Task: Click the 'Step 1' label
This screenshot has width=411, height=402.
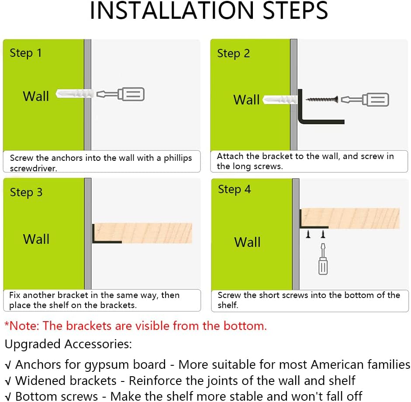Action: coord(26,53)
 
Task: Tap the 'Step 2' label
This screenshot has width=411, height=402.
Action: coord(233,53)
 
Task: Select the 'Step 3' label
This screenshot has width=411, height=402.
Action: coord(26,192)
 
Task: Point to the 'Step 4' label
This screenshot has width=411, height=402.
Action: coord(235,189)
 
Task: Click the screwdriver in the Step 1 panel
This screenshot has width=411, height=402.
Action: coord(121,94)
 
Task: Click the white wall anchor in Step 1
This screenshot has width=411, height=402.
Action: coord(75,94)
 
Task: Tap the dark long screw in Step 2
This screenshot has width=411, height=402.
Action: coord(322,99)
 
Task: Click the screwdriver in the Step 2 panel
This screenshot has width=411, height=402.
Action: coord(365,99)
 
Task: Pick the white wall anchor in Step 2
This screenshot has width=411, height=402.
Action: coord(280,100)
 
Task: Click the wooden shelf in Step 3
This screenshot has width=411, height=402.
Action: coord(143,233)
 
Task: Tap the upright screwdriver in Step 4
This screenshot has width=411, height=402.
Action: coord(323,259)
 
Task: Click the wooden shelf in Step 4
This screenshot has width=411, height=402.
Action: coord(350,218)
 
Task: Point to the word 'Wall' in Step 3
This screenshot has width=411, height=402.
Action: coord(36,239)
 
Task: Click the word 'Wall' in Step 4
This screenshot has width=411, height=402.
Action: coord(248,242)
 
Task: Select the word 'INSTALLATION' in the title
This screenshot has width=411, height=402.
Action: coord(172,10)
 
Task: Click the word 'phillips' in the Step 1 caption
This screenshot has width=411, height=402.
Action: coord(178,158)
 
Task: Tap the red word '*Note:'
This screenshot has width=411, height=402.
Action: coord(22,326)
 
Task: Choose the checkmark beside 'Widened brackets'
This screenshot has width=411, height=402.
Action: coord(8,381)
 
